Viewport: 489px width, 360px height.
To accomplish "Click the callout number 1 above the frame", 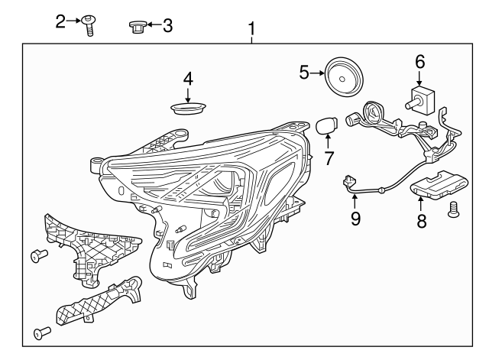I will pyautogui.click(x=251, y=30).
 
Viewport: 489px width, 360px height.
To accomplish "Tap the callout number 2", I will pyautogui.click(x=62, y=21).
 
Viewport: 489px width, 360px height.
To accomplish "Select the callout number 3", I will pyautogui.click(x=167, y=25).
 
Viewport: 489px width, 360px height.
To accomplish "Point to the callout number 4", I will pyautogui.click(x=188, y=77).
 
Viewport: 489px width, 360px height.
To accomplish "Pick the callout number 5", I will pyautogui.click(x=303, y=73).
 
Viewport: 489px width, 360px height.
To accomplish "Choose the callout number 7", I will pyautogui.click(x=329, y=160).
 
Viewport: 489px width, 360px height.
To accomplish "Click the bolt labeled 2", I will pyautogui.click(x=89, y=26).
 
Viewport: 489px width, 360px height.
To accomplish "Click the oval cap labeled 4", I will pyautogui.click(x=188, y=106).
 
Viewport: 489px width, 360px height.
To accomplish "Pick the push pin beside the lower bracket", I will pyautogui.click(x=42, y=332).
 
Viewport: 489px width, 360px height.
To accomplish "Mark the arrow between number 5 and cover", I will pyautogui.click(x=316, y=73).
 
